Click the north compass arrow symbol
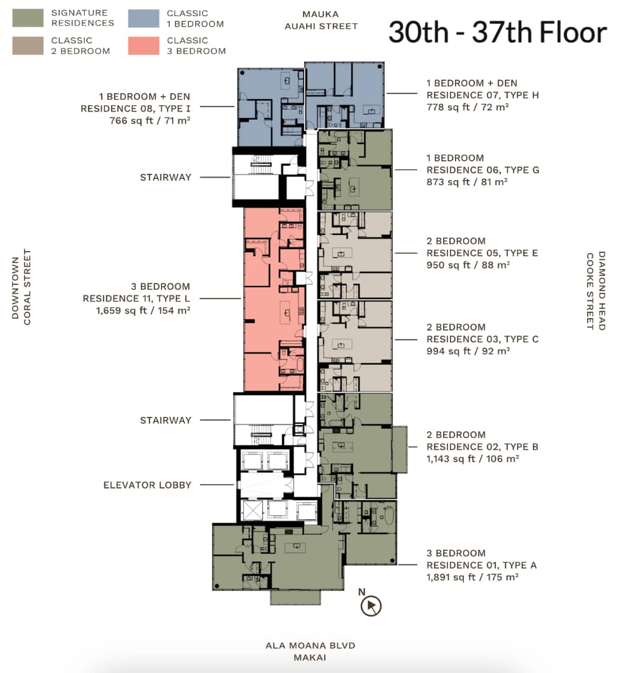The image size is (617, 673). point(371,606)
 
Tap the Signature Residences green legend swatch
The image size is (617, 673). point(28,18)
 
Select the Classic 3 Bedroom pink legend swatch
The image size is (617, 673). point(143,45)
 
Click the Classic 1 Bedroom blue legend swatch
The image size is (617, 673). point(143,19)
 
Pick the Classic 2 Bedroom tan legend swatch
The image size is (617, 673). point(28,45)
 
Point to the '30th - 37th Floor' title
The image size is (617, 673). point(497,32)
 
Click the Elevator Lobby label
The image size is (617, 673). point(147,485)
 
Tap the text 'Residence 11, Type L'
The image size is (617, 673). point(136,298)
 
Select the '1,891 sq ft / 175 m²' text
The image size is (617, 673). point(472,577)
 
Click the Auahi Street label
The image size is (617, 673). point(321,26)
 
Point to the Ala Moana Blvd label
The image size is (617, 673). point(310,645)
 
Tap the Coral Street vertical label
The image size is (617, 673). point(27,287)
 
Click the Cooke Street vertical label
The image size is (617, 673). point(590,291)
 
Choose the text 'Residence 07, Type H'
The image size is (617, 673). point(482,95)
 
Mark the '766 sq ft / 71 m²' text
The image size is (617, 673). point(150,121)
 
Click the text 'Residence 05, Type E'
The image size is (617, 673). point(482,253)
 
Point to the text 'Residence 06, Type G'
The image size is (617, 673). point(482,169)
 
